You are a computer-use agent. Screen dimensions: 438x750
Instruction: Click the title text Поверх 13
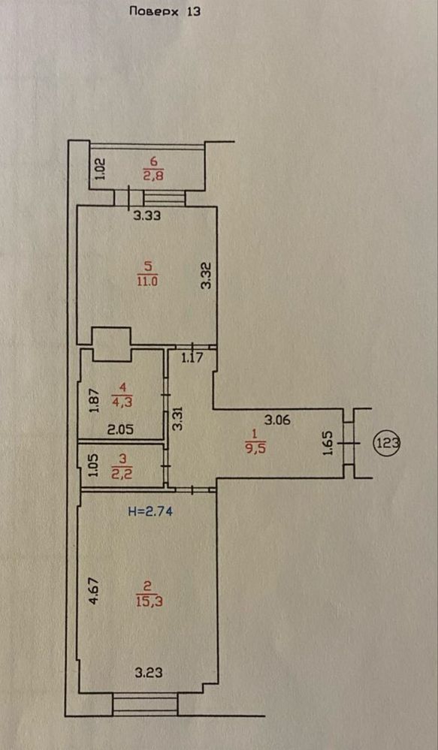click(x=165, y=11)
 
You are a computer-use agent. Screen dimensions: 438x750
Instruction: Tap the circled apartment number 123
click(x=387, y=442)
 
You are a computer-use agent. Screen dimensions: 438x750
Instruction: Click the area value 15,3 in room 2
click(x=150, y=601)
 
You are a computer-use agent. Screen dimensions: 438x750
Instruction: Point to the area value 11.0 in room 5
click(x=147, y=281)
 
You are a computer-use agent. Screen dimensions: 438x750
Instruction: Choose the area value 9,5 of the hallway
click(x=254, y=450)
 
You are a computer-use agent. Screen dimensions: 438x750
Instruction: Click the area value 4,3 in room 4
click(x=122, y=402)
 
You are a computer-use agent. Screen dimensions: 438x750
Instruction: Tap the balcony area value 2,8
click(x=153, y=176)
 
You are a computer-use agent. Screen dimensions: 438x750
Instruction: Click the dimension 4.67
click(x=95, y=591)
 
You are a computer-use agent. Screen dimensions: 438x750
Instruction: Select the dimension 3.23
click(x=148, y=673)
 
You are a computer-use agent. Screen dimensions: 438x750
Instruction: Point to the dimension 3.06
click(x=278, y=420)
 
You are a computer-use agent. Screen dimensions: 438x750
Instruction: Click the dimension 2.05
click(x=120, y=429)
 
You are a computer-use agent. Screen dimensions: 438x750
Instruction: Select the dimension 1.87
click(x=94, y=400)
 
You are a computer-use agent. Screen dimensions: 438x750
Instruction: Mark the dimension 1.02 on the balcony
click(x=100, y=170)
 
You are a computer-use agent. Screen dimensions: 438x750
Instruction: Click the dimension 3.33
click(x=147, y=215)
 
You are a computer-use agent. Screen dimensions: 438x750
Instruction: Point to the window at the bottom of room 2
click(x=145, y=704)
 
